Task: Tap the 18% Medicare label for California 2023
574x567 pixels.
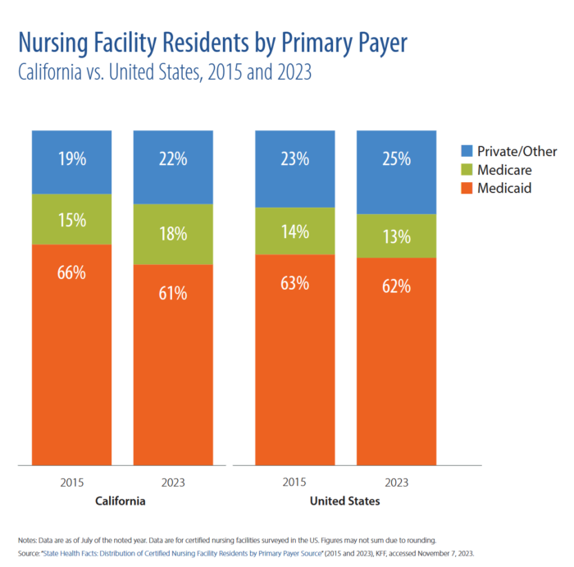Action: click(173, 233)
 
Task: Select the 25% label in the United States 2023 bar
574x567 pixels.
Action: click(397, 159)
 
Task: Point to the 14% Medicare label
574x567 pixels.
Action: click(295, 232)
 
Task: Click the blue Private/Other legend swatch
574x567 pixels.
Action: click(467, 151)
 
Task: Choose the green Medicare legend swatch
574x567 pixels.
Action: click(467, 169)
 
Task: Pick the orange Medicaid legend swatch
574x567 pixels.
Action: click(467, 188)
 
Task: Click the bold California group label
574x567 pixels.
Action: click(121, 501)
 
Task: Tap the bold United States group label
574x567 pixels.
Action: click(345, 501)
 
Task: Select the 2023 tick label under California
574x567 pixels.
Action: click(173, 482)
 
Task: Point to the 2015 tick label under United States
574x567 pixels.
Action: click(295, 482)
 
